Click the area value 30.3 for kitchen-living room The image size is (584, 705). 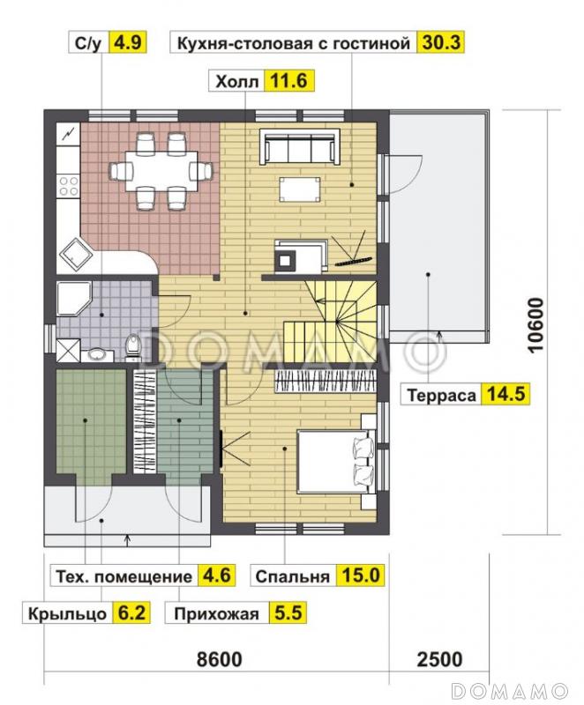442,42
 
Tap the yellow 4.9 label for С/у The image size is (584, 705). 124,42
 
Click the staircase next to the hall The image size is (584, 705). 335,317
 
